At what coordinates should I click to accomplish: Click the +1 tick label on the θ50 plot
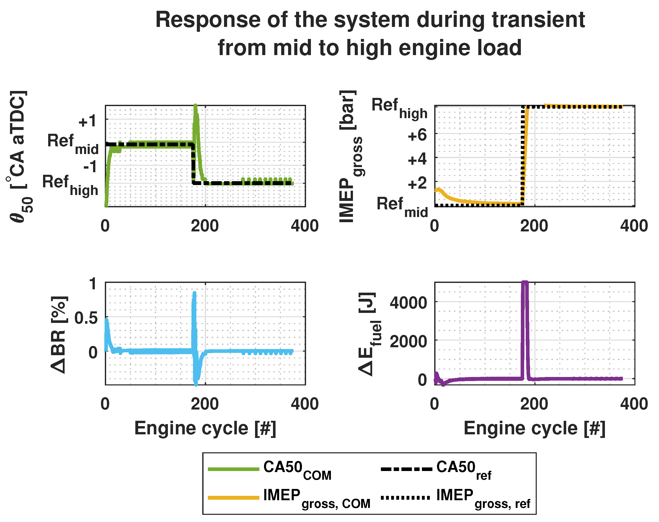[x=87, y=122]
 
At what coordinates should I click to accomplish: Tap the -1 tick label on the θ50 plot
[x=90, y=167]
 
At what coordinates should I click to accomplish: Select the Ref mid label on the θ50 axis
[x=73, y=144]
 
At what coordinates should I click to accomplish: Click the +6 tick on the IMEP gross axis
[x=417, y=135]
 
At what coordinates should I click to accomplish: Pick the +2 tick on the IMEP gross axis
[x=417, y=183]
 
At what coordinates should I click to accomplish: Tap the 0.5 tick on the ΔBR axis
[x=86, y=319]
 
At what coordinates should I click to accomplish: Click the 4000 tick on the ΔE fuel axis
[x=408, y=303]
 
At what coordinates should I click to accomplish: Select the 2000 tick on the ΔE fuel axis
[x=408, y=341]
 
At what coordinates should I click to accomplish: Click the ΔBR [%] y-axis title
[x=58, y=334]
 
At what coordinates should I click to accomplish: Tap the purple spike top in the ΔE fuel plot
[x=524, y=283]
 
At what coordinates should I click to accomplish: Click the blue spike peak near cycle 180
[x=194, y=294]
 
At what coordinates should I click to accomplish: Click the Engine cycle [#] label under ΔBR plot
[x=205, y=428]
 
